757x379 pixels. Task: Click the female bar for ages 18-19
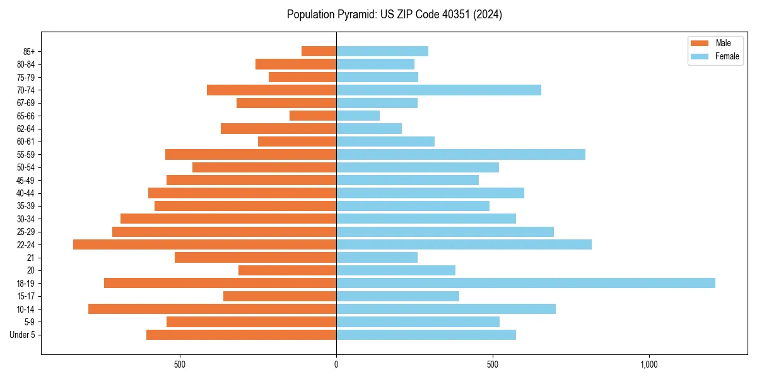point(525,283)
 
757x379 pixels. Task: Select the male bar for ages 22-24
point(204,244)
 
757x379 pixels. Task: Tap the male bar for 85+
point(319,51)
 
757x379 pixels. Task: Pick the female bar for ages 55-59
point(461,154)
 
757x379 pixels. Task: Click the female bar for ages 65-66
point(358,116)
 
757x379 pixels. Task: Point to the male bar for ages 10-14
point(212,309)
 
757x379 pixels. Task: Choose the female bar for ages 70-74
point(438,90)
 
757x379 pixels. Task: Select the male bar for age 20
point(287,270)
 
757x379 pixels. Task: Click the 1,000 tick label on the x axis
point(649,365)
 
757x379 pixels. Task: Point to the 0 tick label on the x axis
point(336,365)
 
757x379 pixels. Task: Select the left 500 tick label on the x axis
point(179,365)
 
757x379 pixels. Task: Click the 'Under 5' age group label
point(23,335)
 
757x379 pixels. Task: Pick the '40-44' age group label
point(25,193)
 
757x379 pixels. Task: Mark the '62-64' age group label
point(25,128)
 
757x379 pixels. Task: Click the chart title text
point(394,15)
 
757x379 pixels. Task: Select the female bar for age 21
point(377,257)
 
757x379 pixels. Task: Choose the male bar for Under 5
point(241,335)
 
